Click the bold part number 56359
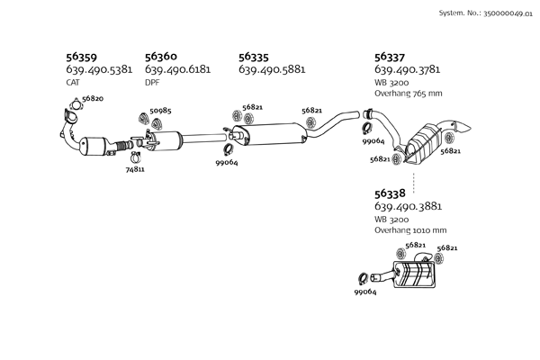81,57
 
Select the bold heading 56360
161,57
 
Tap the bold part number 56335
254,57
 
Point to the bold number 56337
390,57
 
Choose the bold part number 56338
390,193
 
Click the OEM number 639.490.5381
99,69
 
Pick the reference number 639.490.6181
177,69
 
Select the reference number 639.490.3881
408,206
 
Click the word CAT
73,83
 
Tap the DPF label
152,83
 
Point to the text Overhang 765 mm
408,94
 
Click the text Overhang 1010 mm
410,230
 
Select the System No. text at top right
486,13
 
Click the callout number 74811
135,169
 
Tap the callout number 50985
160,111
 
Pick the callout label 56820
93,98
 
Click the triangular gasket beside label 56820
76,105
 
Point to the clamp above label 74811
136,157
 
